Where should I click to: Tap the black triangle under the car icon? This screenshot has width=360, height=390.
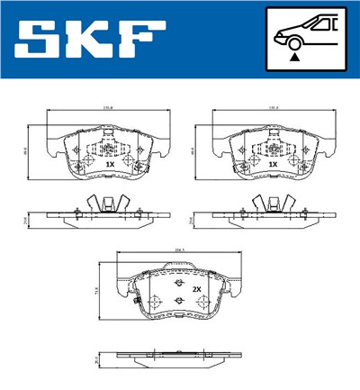click(x=294, y=57)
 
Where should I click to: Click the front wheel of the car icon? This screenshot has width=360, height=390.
click(x=294, y=41)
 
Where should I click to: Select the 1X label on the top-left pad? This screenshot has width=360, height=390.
click(x=110, y=165)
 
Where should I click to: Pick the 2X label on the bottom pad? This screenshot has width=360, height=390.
click(x=195, y=288)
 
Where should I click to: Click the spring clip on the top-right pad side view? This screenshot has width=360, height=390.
click(x=265, y=204)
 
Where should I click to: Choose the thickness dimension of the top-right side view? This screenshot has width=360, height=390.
click(x=192, y=218)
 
